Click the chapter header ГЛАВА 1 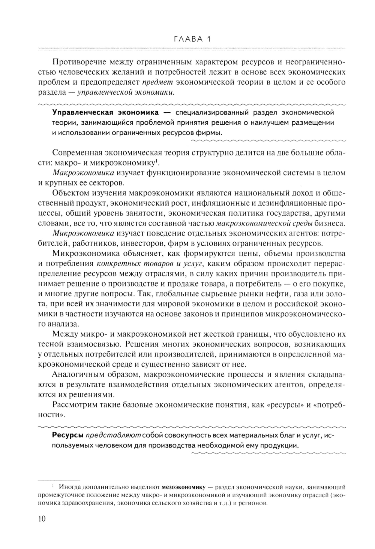coord(193,39)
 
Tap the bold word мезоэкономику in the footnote coord(183,487)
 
